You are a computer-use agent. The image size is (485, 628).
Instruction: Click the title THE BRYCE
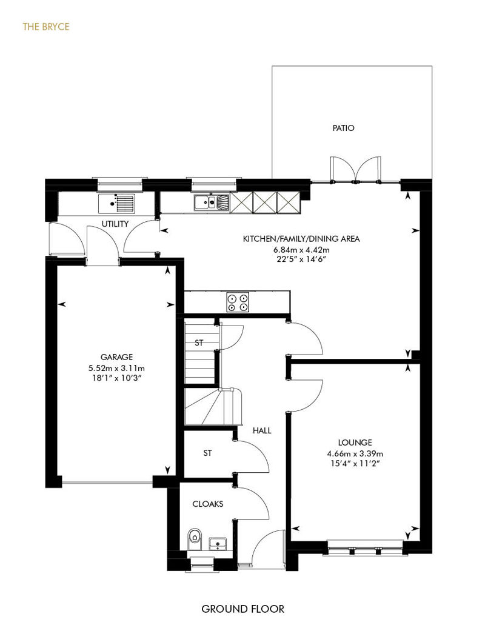pos(46,27)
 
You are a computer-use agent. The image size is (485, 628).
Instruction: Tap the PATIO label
pos(343,128)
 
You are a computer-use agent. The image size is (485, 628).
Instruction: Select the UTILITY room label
pos(115,224)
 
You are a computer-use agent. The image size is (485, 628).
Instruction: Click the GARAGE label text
pos(116,357)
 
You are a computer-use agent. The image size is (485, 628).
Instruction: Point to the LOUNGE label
pos(355,443)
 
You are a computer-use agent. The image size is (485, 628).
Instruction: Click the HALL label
pos(262,430)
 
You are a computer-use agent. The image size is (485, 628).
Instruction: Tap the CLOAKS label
pos(208,504)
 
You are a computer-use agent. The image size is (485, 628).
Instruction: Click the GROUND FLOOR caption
pos(242,609)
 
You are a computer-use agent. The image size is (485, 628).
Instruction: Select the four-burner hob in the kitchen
pos(238,302)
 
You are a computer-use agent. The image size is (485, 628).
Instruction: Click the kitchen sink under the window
pos(212,202)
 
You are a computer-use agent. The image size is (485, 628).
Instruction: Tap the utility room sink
pos(116,203)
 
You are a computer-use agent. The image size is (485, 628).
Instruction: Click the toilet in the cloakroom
pos(195,539)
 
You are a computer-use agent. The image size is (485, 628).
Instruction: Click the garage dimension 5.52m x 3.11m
pos(116,368)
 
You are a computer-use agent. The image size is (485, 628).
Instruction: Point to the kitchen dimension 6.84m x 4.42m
pos(301,250)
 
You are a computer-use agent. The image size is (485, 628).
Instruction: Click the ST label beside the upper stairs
pos(199,343)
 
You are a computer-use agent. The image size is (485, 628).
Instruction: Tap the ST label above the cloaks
pos(207,453)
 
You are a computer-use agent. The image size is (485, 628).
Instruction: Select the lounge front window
pos(365,547)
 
